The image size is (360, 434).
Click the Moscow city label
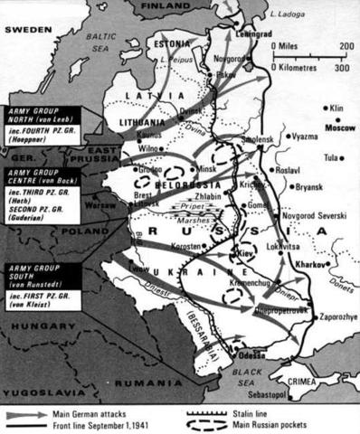(x=340, y=128)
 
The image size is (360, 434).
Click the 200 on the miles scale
(x=346, y=47)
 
